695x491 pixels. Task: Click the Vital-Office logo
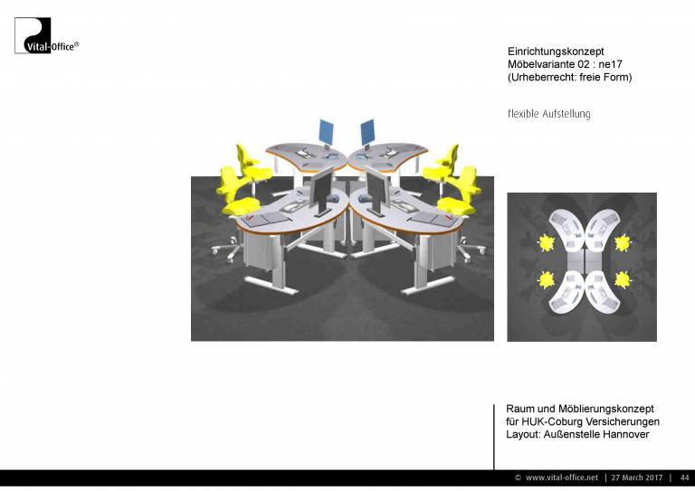pos(46,35)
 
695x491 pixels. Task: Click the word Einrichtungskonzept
pos(556,52)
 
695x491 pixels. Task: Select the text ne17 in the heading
pos(610,64)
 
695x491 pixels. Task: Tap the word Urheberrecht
pos(543,77)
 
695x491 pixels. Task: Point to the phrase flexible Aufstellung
pos(548,114)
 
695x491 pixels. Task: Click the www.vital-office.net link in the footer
pos(562,477)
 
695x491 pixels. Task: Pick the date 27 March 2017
pos(636,477)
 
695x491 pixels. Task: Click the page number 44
pos(684,477)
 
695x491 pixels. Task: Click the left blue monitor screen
pos(326,131)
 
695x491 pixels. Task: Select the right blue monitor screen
pos(367,131)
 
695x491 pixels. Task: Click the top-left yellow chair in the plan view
pos(546,243)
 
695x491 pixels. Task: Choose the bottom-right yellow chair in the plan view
pos(623,279)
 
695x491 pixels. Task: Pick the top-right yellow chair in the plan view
pos(623,242)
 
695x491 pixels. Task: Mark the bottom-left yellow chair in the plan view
pos(546,279)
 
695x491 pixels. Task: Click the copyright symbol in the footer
pos(518,477)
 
